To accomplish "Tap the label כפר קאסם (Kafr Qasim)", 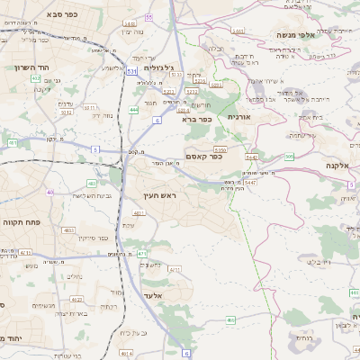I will click(203, 157).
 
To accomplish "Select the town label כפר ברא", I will click(196, 118).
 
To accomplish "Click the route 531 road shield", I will click(132, 70).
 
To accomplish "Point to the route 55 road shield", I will click(174, 17).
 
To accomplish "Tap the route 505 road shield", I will click(289, 157).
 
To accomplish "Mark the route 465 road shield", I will click(230, 319).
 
